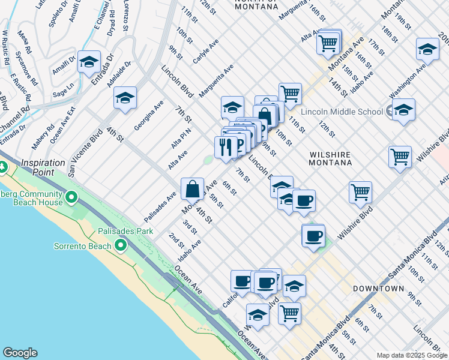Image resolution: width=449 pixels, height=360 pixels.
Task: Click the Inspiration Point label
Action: pos(43,163)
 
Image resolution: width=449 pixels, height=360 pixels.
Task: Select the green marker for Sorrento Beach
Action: pos(120,246)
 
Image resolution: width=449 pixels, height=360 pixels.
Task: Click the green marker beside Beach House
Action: pos(71,197)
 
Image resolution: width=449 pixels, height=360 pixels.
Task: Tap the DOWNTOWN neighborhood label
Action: pos(378,289)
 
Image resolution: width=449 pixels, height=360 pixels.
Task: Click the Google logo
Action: pos(20,353)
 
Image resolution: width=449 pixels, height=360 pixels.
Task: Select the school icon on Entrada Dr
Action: pos(89,62)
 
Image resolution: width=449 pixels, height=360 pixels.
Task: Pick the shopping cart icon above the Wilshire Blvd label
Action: pos(360,193)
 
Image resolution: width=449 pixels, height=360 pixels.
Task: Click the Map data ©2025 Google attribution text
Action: pos(412,355)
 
